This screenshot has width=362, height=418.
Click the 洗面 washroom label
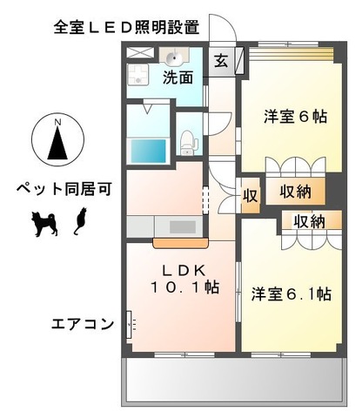(x=178, y=77)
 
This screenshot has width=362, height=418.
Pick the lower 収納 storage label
(x=308, y=221)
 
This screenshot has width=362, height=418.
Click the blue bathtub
(x=148, y=150)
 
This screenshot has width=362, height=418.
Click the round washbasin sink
(x=176, y=58)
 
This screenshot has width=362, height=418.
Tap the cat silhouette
(x=79, y=223)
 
